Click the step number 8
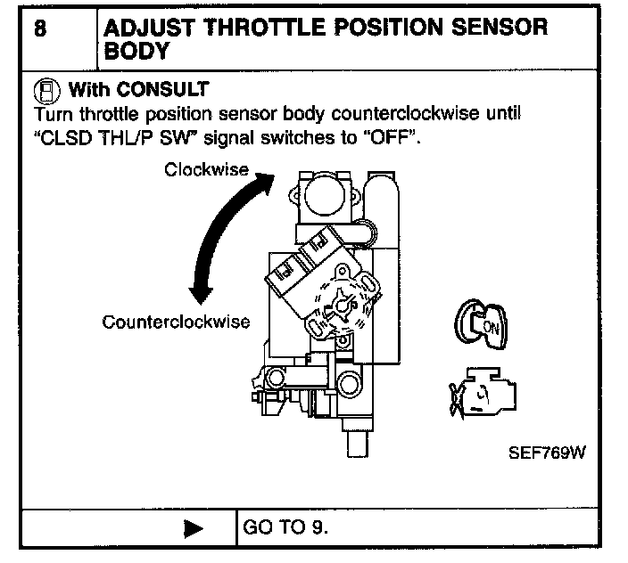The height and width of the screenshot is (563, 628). (x=41, y=27)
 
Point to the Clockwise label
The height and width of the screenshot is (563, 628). (x=206, y=169)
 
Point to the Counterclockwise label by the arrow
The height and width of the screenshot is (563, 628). (x=176, y=321)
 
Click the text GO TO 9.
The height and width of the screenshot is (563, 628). (x=285, y=526)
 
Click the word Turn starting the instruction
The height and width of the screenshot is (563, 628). (x=51, y=115)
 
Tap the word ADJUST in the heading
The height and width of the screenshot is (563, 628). (x=150, y=27)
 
